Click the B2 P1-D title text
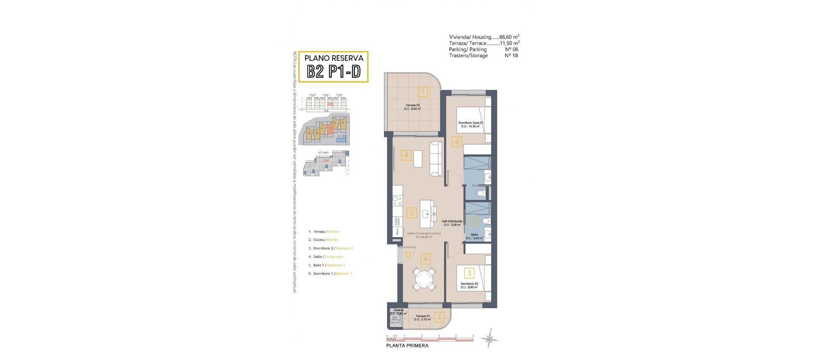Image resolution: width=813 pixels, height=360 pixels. tap(333, 72)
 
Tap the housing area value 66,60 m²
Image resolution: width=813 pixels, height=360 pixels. tap(509, 37)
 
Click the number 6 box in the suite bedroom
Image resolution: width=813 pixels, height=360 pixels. tap(456, 142)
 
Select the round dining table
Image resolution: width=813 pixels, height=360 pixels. tap(424, 279)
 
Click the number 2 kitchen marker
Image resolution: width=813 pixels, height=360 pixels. tap(412, 213)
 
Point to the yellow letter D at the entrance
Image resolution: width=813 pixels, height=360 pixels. tap(408, 254)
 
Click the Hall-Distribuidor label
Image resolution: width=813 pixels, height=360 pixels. tap(452, 221)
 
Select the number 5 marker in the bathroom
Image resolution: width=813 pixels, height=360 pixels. tap(474, 221)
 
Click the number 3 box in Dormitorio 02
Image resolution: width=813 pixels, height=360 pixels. tap(469, 273)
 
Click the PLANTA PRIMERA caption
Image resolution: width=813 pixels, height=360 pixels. tap(407, 346)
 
